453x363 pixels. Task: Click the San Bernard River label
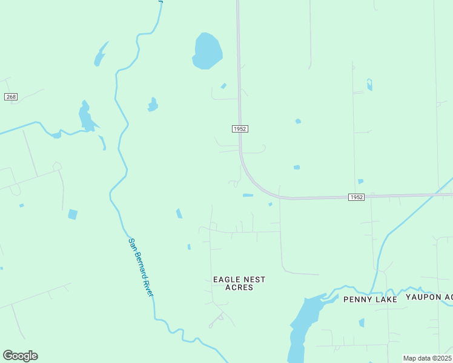pos(141,267)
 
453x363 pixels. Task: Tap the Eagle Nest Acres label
pos(239,283)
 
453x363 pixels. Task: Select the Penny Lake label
pos(370,299)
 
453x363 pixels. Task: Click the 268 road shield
pos(10,97)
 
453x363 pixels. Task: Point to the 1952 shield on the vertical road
pos(240,129)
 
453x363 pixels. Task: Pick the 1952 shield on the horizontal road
pos(357,197)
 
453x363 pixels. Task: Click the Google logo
pos(20,355)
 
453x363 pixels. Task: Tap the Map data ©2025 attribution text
pos(427,358)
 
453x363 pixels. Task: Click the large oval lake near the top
pos(207,51)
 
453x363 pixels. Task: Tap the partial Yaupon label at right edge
pos(429,297)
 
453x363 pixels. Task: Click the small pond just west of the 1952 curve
pos(248,195)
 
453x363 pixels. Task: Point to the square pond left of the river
pos(73,214)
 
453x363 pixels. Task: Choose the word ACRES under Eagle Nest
pos(239,287)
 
